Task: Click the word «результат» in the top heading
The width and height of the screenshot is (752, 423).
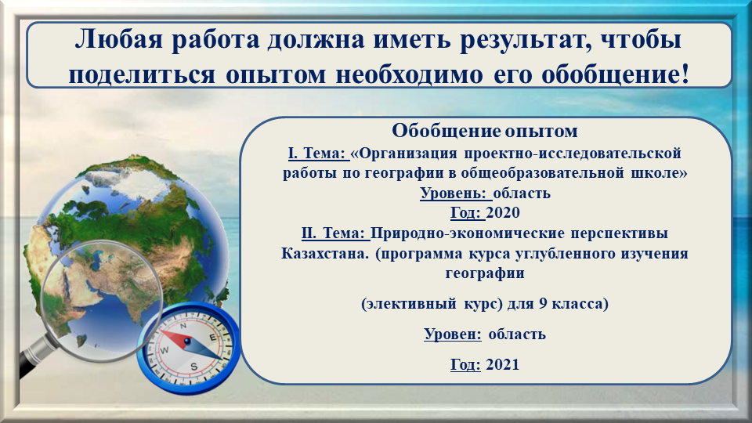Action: tap(522, 40)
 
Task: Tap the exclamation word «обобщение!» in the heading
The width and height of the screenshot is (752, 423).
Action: tap(616, 75)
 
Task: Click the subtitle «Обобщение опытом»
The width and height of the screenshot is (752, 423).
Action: tap(485, 131)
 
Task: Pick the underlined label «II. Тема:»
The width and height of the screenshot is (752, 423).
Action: tap(334, 233)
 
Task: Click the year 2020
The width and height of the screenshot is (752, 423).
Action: tap(503, 212)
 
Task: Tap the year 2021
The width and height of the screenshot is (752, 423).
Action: tap(503, 364)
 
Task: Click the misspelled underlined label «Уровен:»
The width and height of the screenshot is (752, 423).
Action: tap(452, 334)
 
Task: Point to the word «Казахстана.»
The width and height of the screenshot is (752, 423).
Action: tap(325, 253)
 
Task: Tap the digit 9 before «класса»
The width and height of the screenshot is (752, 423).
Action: tap(543, 304)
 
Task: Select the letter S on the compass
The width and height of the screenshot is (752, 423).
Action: tap(193, 367)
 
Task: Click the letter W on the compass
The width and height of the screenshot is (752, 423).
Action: tap(164, 350)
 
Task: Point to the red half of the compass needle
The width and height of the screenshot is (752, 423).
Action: tap(173, 337)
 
